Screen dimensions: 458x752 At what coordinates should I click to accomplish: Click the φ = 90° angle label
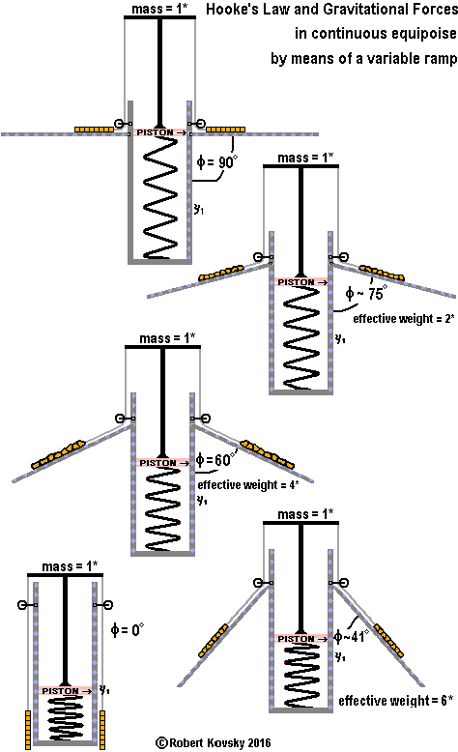pos(217,161)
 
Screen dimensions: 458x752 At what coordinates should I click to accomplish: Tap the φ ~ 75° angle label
pos(366,293)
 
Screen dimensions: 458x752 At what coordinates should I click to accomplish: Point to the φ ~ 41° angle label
pos(352,636)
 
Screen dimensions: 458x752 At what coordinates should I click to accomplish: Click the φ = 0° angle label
pos(128,628)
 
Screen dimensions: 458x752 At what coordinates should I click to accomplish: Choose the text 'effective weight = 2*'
pos(404,318)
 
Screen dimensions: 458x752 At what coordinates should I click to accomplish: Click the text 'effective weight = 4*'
pos(248,484)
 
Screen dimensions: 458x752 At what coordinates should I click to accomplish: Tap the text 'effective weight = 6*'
pos(395,700)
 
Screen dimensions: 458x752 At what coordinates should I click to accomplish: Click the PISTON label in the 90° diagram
pos(155,132)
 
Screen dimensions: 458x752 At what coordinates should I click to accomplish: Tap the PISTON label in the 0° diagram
pos(61,690)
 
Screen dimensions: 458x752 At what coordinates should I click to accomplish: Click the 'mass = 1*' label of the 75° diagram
pos(305,158)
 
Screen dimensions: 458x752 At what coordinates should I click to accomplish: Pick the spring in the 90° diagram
pos(160,197)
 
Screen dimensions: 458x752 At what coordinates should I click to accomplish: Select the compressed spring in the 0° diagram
pos(66,717)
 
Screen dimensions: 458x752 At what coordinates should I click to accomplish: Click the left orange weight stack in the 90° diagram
pos(94,130)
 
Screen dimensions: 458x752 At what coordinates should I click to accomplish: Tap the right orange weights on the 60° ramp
pos(267,453)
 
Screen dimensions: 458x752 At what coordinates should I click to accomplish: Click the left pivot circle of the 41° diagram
pos(259,583)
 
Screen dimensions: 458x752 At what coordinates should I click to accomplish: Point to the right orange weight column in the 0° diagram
pos(102,729)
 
